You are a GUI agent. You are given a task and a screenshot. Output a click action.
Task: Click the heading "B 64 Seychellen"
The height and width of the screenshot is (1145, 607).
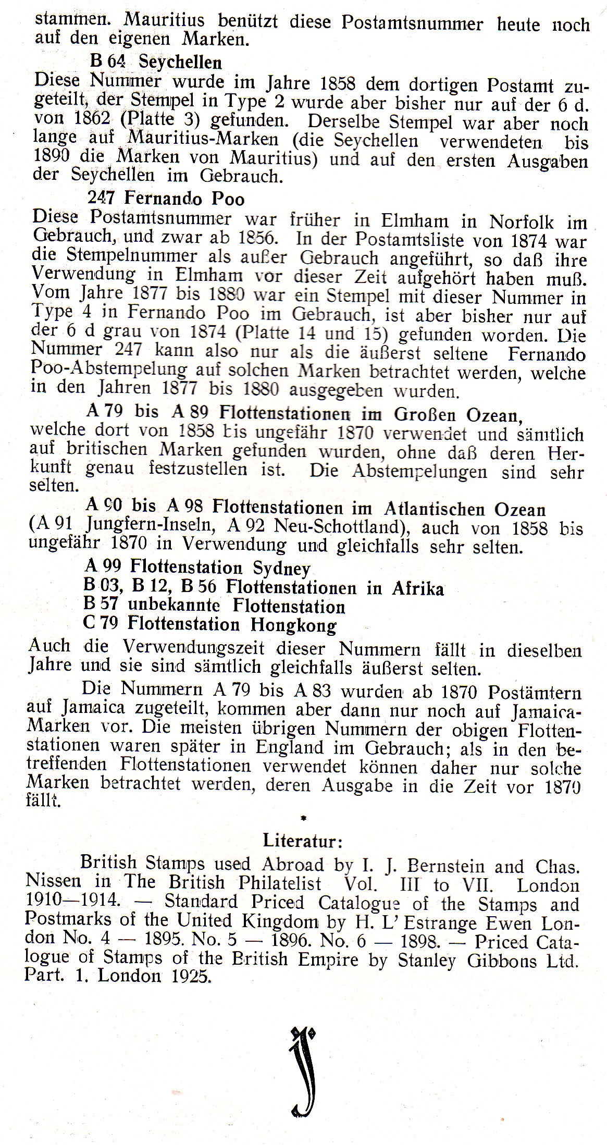point(156,63)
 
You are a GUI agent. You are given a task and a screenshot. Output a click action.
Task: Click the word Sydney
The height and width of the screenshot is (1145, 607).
point(281,568)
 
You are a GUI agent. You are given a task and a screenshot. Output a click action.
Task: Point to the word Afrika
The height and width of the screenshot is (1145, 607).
point(418,588)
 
